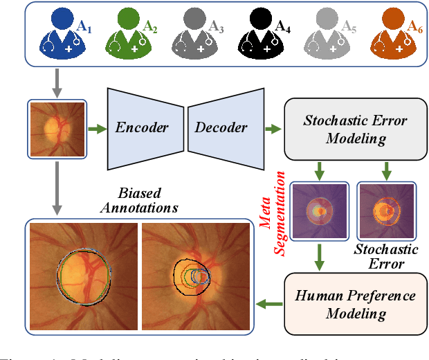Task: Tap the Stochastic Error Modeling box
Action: [x=356, y=129]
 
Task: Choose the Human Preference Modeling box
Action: [x=356, y=304]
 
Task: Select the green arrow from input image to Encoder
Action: [x=96, y=128]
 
